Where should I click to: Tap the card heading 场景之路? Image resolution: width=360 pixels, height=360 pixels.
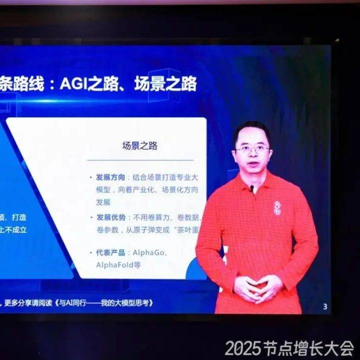click(140, 146)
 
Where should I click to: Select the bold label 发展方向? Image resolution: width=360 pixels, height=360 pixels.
click(111, 177)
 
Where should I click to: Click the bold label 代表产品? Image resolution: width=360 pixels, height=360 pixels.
click(111, 253)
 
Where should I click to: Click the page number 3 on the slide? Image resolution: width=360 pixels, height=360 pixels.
click(325, 307)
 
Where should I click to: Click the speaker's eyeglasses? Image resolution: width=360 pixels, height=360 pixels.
click(252, 149)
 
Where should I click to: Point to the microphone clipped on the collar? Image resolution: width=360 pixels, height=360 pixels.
click(252, 189)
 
